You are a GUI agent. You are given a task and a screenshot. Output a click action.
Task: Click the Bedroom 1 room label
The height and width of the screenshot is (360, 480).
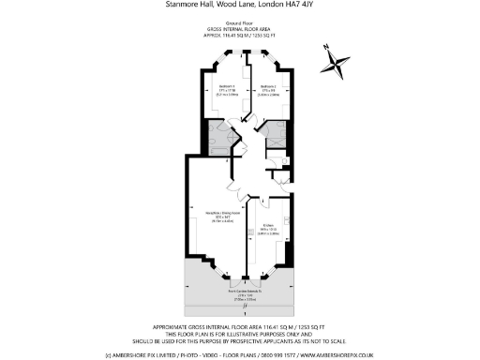click(221, 84)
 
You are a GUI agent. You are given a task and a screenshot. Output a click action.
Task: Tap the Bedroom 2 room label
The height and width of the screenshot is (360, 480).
click(270, 84)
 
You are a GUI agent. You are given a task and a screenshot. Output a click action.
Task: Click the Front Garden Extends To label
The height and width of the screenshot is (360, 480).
click(242, 292)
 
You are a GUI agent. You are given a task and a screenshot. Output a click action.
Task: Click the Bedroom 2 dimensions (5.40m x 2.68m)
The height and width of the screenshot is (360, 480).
click(270, 95)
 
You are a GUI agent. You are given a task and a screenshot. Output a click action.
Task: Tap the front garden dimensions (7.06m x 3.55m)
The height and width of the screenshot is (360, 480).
click(242, 301)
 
